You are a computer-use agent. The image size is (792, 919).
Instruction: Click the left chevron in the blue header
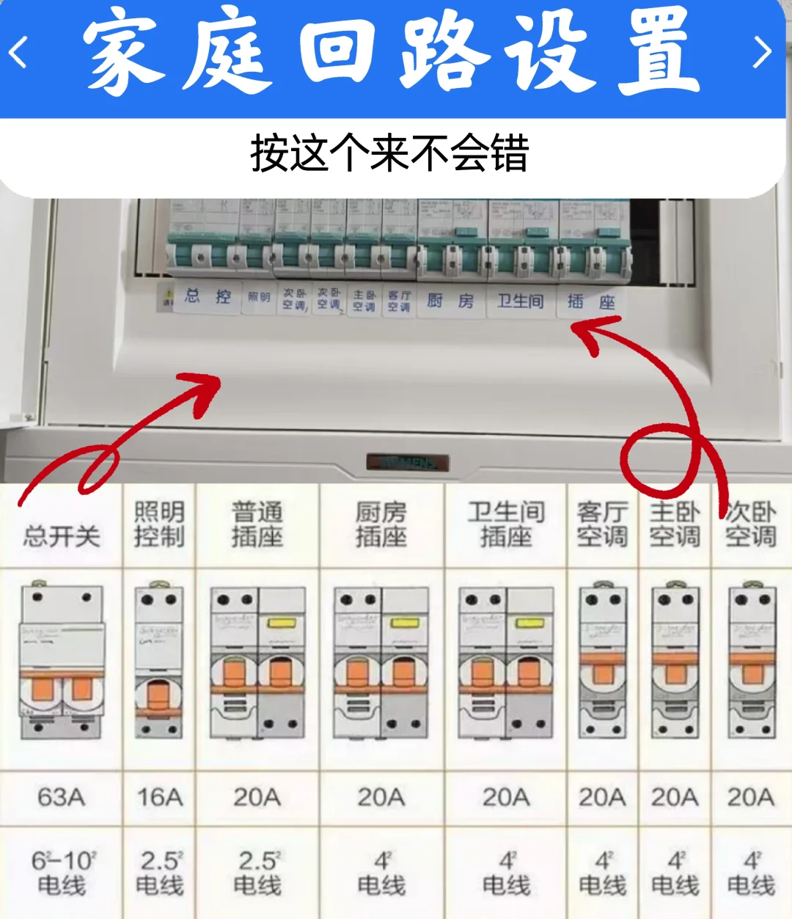18,53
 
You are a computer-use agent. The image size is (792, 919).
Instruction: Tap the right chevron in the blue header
763,53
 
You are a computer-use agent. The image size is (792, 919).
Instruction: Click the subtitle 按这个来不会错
389,153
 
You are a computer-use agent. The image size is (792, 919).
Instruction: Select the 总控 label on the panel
208,297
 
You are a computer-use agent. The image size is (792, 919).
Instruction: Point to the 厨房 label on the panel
450,301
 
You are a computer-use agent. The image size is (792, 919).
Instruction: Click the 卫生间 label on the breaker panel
521,301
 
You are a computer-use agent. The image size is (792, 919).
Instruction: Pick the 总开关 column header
62,536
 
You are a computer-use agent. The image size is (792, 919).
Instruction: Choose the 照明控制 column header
159,524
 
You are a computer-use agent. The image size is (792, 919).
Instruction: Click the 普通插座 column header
257,524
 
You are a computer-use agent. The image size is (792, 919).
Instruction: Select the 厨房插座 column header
381,524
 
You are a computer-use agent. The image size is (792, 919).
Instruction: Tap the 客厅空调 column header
602,524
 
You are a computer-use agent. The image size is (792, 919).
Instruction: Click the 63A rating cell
62,797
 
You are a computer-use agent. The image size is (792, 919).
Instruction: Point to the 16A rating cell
160,797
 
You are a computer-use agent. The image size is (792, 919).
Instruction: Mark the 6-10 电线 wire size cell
62,873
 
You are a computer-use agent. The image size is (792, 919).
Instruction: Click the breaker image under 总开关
62,660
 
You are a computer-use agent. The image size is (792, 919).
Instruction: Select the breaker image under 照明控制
159,660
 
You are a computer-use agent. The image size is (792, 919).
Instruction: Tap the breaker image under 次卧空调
751,660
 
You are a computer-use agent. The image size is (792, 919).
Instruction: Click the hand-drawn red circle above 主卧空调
659,458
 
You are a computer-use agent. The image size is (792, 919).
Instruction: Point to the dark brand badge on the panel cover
407,463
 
